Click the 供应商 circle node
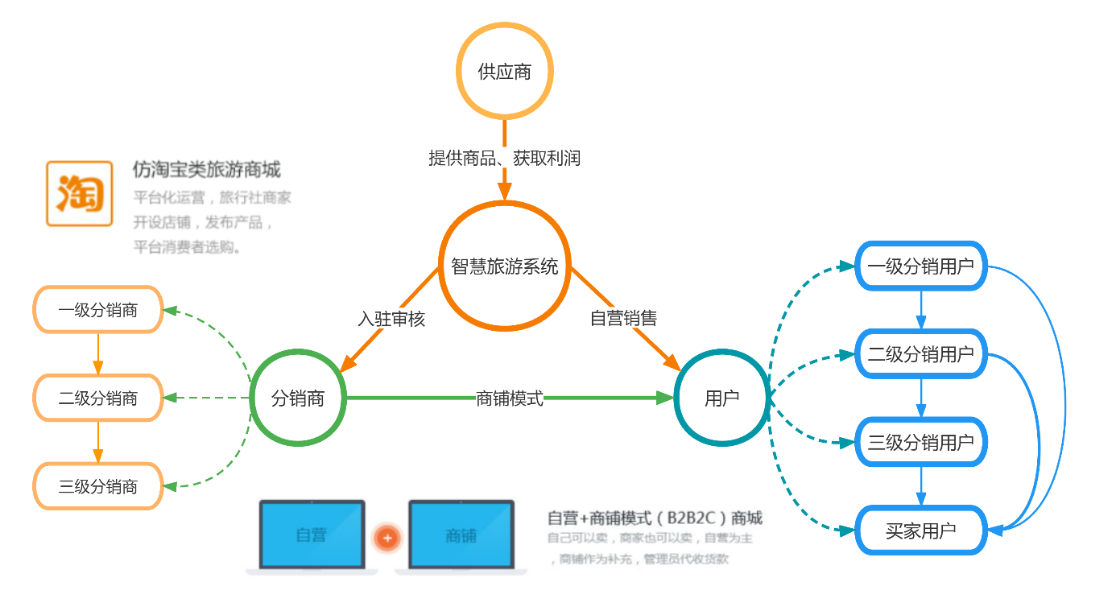click(505, 72)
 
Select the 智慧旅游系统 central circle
click(505, 266)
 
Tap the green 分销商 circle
click(298, 398)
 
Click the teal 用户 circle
click(721, 398)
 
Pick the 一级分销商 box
click(98, 310)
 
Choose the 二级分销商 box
click(98, 398)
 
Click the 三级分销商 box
click(98, 486)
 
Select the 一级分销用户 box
click(920, 266)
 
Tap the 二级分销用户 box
click(920, 353)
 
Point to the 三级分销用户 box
click(920, 442)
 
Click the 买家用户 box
click(920, 530)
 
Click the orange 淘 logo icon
click(79, 194)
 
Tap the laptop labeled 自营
click(312, 535)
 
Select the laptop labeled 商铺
click(461, 535)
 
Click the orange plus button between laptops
click(387, 537)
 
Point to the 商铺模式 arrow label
click(510, 398)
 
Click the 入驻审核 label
click(391, 319)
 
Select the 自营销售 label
click(623, 319)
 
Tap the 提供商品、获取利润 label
click(504, 159)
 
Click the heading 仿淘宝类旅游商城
click(207, 170)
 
